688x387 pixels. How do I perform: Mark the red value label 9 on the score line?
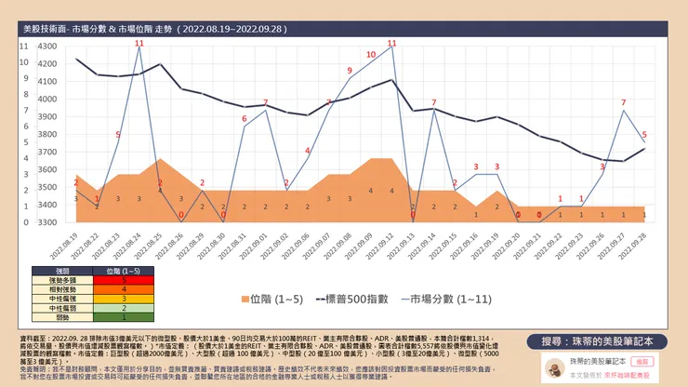pyautogui.click(x=350, y=71)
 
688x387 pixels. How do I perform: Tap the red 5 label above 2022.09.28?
pyautogui.click(x=644, y=134)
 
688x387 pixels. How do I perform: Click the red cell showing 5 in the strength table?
pyautogui.click(x=124, y=279)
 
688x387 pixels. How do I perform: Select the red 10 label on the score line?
pyautogui.click(x=370, y=55)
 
